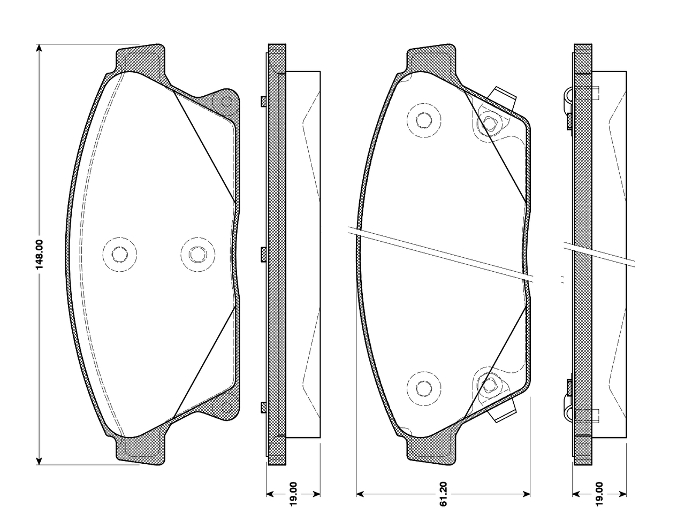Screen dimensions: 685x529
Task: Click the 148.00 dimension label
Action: pos(40,255)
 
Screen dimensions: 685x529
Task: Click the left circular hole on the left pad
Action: pos(120,254)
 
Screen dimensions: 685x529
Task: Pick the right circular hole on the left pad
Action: pos(198,254)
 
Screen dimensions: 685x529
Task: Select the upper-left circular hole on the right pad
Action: pos(424,120)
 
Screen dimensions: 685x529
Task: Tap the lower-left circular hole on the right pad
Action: pos(424,388)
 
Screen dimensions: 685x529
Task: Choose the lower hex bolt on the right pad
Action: pos(489,385)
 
